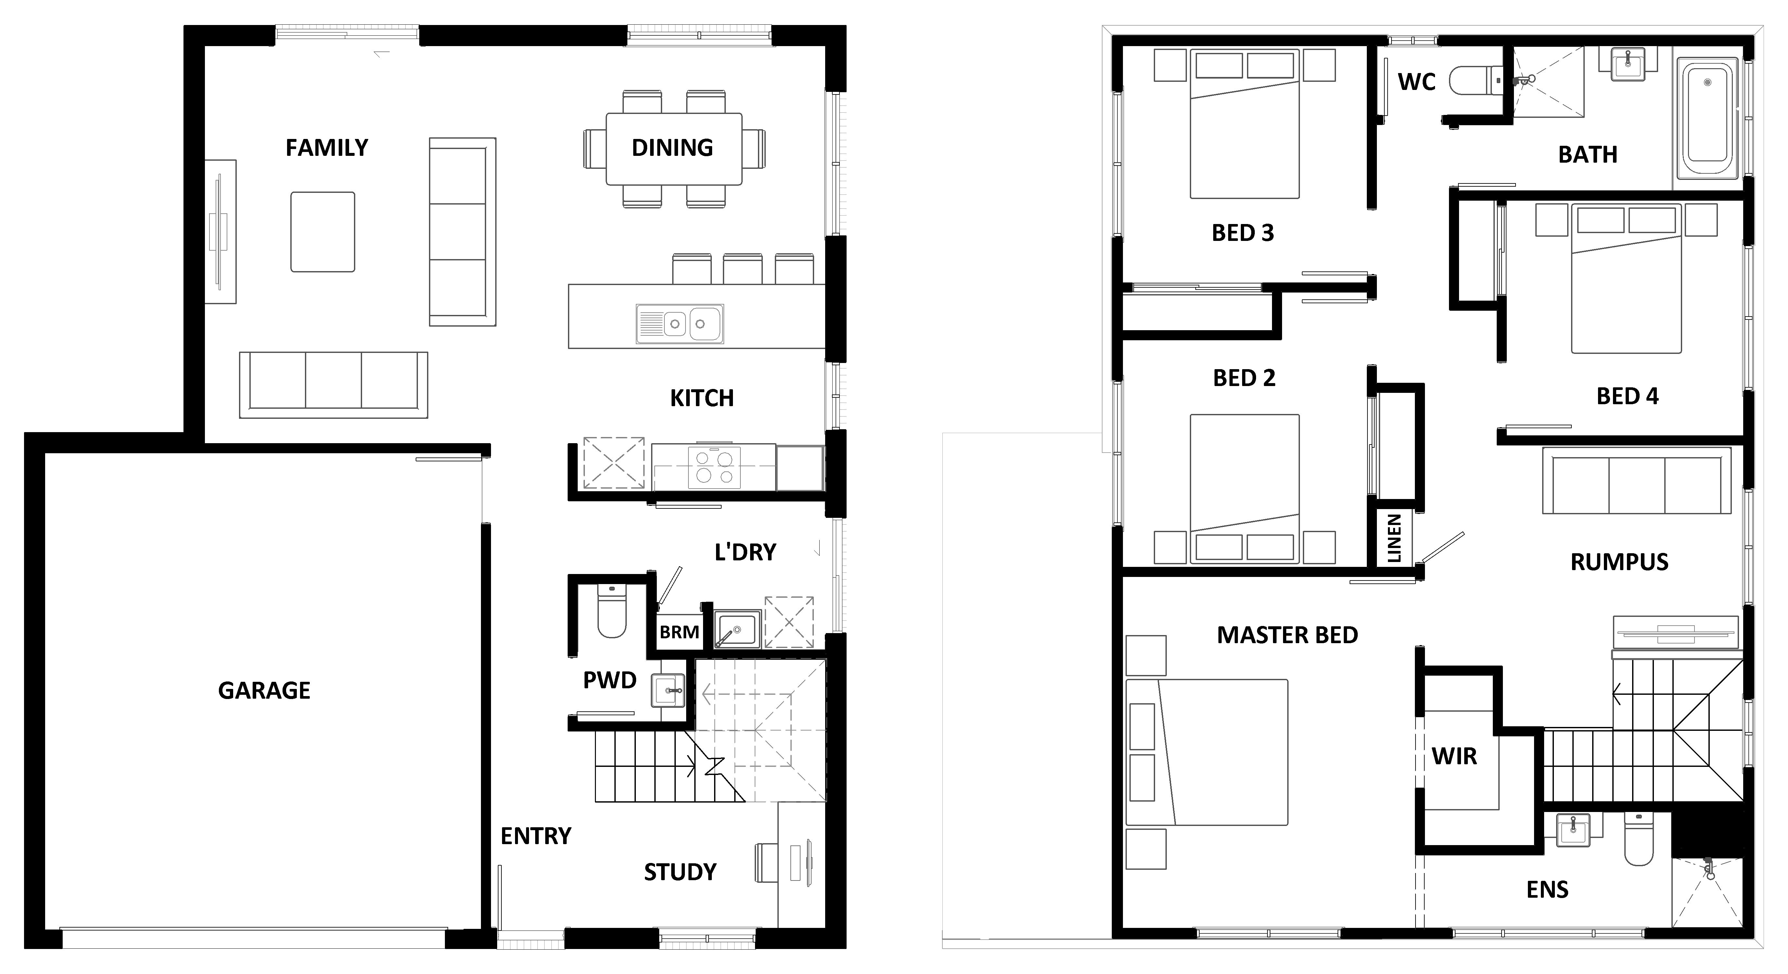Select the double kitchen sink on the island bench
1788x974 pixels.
pos(680,323)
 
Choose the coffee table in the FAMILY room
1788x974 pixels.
pos(323,232)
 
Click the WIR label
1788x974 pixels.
pos(1454,756)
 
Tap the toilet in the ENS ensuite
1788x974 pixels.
pos(1639,839)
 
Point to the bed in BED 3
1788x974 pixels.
pos(1244,123)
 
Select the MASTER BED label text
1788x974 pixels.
pos(1288,635)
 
